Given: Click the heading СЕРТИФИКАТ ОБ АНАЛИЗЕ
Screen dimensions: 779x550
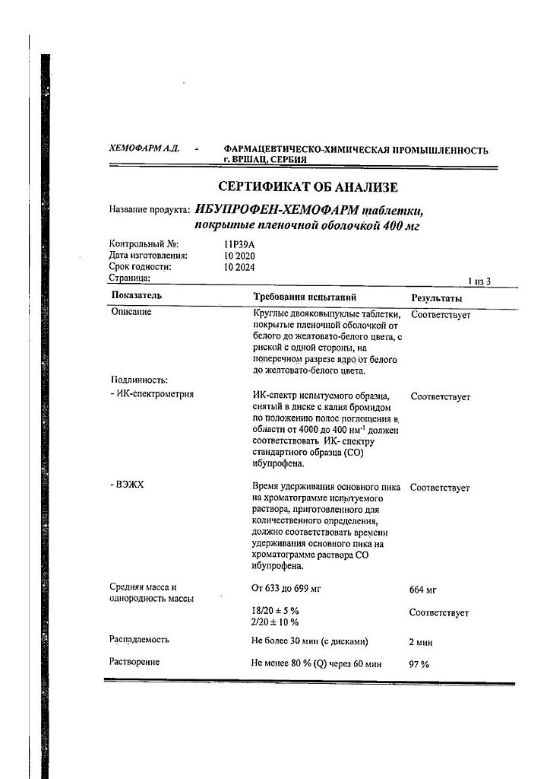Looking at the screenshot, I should [x=308, y=186].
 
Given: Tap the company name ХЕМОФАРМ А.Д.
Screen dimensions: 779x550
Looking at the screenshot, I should [x=144, y=149].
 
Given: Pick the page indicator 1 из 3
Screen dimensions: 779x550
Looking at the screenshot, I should [x=479, y=281].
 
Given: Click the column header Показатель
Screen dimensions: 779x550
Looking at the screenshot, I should [x=137, y=295].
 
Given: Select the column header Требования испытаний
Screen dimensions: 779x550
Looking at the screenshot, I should [x=304, y=297].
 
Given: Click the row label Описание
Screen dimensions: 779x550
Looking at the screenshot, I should [x=131, y=312].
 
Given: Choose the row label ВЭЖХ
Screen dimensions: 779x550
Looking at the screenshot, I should [x=128, y=485].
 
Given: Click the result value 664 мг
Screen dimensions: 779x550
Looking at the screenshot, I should [x=422, y=590].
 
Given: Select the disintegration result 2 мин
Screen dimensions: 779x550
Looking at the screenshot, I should [x=422, y=642].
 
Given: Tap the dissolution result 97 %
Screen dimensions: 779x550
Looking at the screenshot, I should [x=419, y=664].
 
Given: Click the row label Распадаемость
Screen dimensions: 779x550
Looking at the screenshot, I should [x=140, y=640].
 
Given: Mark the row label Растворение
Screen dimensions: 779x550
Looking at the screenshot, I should [x=135, y=662].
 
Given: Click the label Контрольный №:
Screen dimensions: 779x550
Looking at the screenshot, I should [x=144, y=244].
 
